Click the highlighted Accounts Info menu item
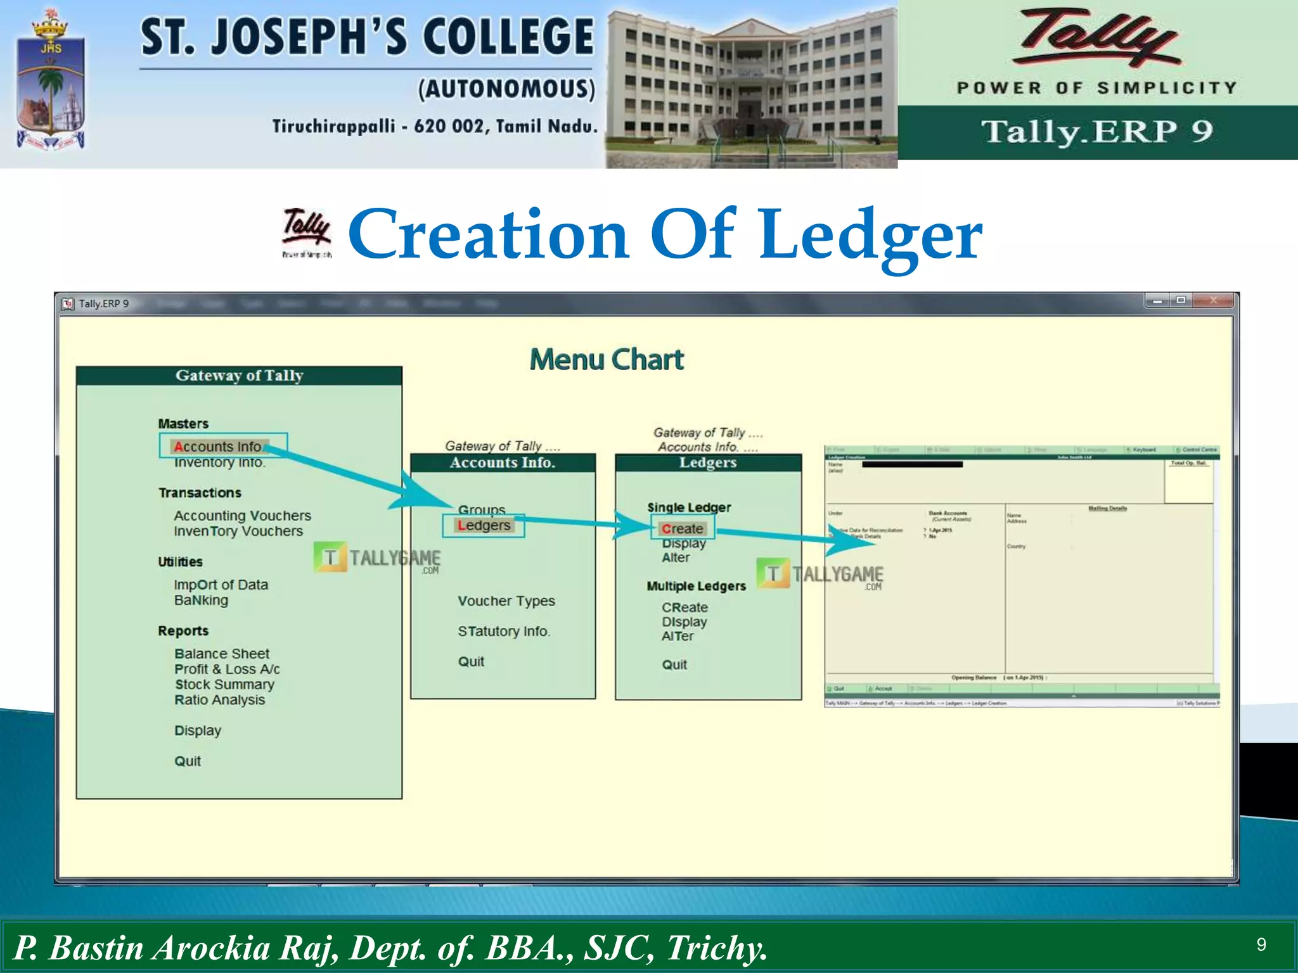pos(218,447)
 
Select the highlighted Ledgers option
pos(484,526)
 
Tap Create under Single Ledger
pos(683,528)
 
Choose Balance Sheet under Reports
pos(222,654)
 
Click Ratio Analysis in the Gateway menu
pos(220,700)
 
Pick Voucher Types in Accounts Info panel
pos(506,601)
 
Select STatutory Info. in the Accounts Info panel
pos(504,632)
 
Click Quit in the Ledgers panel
pos(674,665)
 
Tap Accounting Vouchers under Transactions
pos(243,516)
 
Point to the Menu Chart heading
pos(607,359)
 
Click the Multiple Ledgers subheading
pos(696,586)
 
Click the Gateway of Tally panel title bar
pos(239,376)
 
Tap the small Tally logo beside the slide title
pos(307,232)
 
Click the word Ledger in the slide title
pos(871,235)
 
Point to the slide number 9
pos(1261,945)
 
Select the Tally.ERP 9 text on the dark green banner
pos(1097,132)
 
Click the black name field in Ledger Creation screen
pos(912,464)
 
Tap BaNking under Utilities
pos(201,601)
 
